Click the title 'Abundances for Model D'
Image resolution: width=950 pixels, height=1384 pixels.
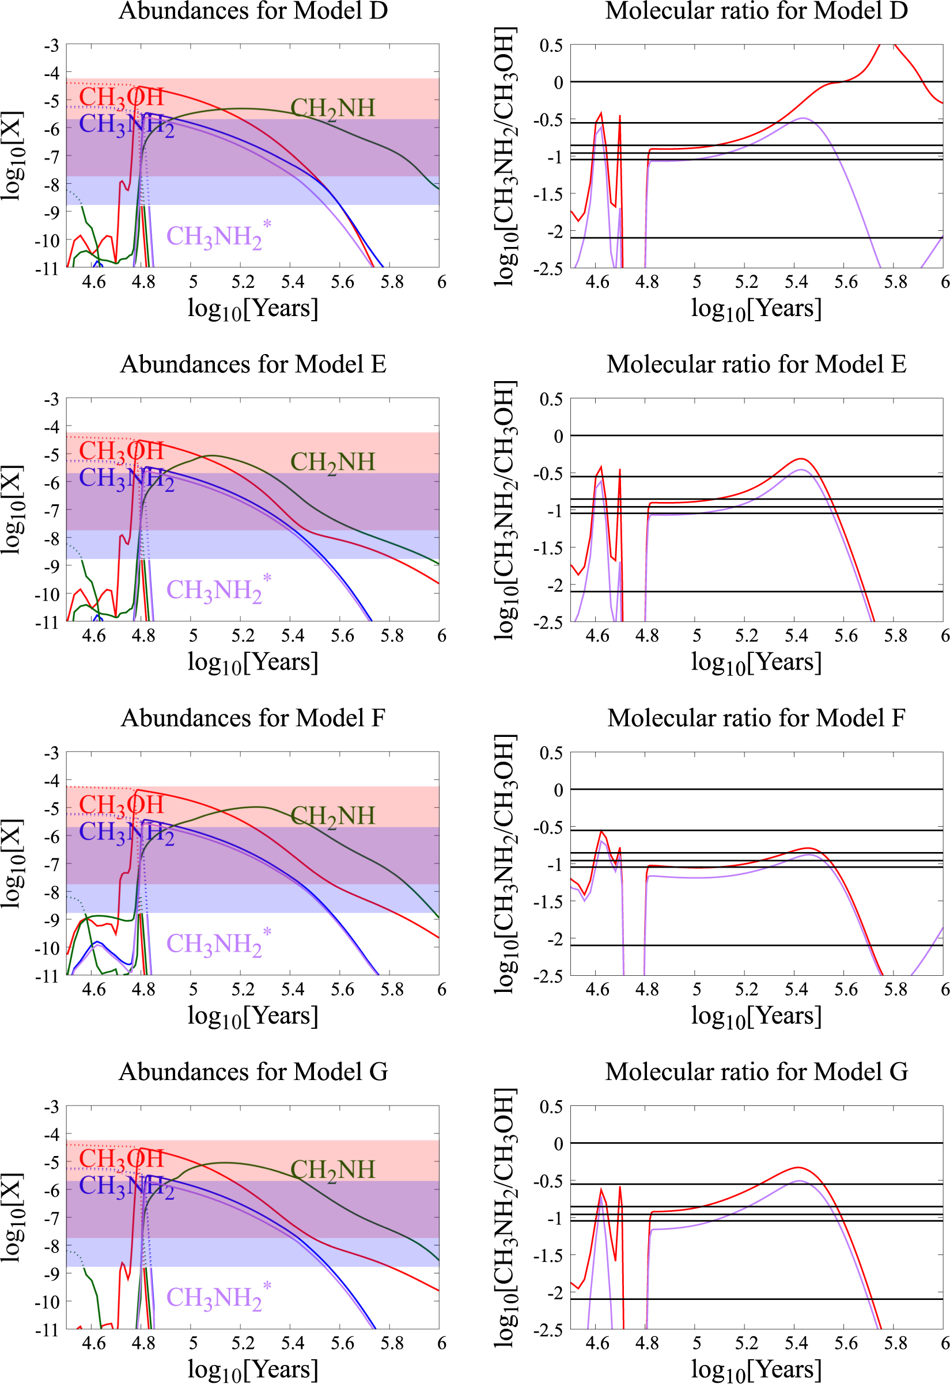tap(253, 11)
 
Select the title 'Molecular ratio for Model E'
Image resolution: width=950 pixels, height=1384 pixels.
tap(756, 364)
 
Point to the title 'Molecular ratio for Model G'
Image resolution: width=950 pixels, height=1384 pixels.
tap(756, 1071)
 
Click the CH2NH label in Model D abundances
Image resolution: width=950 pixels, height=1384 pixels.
tap(332, 108)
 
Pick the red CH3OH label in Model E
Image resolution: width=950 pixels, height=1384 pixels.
tap(121, 451)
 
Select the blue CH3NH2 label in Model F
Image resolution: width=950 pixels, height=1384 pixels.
tap(126, 832)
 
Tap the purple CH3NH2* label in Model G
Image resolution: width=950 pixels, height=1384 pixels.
tap(218, 1297)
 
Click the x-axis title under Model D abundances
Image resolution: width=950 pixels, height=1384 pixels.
tap(253, 309)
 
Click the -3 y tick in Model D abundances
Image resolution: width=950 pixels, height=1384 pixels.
tap(51, 45)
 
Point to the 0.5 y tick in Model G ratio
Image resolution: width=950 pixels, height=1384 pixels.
tap(551, 1107)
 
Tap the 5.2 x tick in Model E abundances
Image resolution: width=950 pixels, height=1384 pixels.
tap(243, 636)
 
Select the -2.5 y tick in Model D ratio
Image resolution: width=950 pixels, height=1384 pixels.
tap(548, 269)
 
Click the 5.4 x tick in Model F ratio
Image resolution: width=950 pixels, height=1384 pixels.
tap(796, 990)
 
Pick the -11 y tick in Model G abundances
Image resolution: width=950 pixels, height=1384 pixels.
tap(48, 1330)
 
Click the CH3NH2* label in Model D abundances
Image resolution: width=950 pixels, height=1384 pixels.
tap(218, 236)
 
